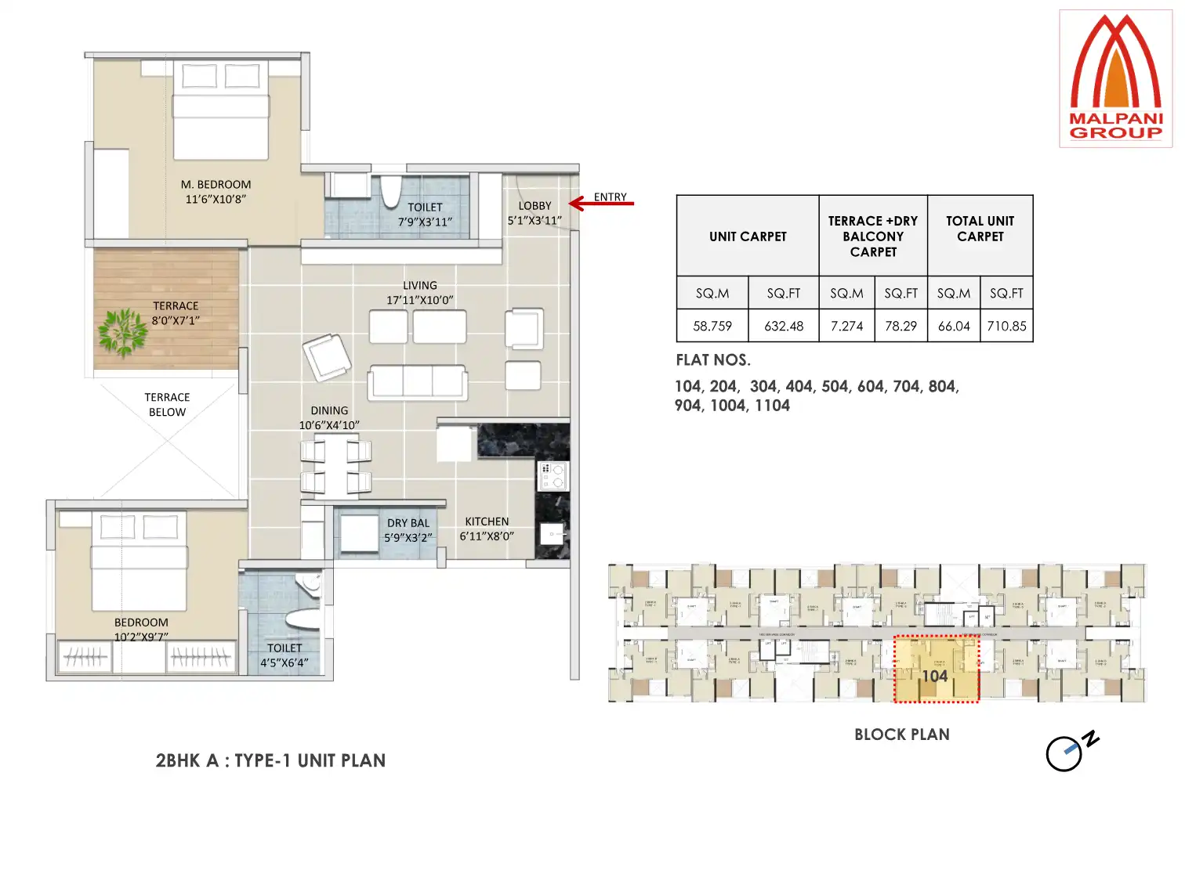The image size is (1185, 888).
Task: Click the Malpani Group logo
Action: [x=1115, y=78]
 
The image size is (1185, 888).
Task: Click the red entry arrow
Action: [x=600, y=204]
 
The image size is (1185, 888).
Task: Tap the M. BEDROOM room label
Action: [x=216, y=192]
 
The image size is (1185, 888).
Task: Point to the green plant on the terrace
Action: [x=123, y=331]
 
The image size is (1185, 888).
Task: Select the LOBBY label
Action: [x=535, y=213]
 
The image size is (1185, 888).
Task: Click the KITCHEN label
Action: [x=487, y=529]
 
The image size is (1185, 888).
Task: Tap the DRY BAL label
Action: [x=408, y=530]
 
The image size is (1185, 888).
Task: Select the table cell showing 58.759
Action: [x=712, y=326]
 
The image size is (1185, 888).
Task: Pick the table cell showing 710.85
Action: [x=1006, y=326]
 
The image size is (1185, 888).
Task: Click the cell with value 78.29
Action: [x=901, y=326]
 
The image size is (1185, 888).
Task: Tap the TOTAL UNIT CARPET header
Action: [x=980, y=229]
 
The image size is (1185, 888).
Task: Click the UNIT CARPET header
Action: [x=748, y=236]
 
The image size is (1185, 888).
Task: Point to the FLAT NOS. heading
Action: [x=713, y=360]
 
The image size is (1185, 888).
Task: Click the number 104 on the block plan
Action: [x=934, y=676]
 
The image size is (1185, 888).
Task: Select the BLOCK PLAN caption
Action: [x=901, y=735]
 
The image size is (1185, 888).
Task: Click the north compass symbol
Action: [x=1069, y=752]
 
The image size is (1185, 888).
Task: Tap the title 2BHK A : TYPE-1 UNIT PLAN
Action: [x=270, y=760]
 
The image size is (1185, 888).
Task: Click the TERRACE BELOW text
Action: [x=167, y=405]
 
